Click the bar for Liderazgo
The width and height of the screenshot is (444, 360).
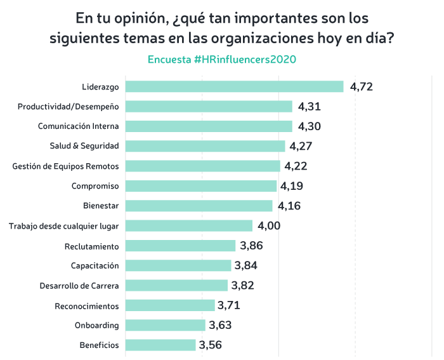coord(234,86)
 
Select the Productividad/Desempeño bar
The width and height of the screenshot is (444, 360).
coord(209,106)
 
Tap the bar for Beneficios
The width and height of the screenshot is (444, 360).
coord(160,345)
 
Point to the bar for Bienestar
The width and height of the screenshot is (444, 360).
coord(199,206)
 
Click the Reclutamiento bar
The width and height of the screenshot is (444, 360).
coord(180,246)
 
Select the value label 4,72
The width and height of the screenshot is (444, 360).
coord(361,86)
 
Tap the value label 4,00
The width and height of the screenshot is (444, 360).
coord(268,225)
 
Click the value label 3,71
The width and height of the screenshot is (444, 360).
coord(229,305)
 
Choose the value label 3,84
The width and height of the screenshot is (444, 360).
coord(245,265)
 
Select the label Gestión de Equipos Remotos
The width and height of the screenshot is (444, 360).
coord(66,166)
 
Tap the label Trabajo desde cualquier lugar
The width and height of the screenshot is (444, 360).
coord(64,225)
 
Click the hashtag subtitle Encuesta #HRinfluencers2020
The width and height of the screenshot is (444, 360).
coord(222,59)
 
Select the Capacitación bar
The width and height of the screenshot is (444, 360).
coord(178,265)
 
